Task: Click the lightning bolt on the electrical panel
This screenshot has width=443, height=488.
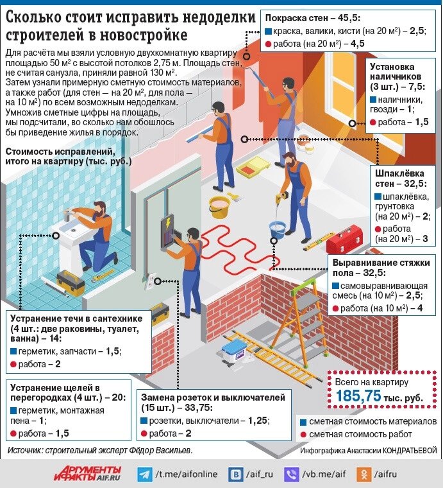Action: coord(169,224)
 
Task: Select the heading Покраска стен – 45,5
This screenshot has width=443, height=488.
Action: coord(304,18)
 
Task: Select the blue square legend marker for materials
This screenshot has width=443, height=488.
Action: coord(303,422)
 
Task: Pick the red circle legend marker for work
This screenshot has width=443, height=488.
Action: coord(303,435)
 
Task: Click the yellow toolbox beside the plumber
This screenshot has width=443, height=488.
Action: coord(69,281)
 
